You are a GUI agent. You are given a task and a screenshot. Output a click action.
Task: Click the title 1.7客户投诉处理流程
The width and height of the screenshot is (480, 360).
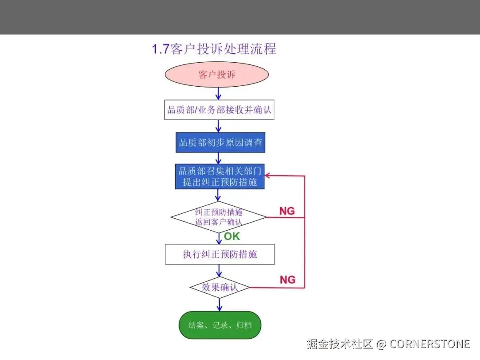(214, 48)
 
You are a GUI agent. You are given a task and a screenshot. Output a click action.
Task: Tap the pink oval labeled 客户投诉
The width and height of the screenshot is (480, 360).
(217, 75)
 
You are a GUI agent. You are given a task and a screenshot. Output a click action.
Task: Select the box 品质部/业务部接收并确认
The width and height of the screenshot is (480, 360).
(219, 109)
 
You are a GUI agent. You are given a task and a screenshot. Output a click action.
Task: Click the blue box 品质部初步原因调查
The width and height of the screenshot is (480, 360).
(220, 143)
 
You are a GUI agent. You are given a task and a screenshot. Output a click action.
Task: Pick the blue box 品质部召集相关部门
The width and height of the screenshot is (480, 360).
(220, 176)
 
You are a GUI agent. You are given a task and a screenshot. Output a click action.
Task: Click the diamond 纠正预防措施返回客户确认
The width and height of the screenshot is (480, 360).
(219, 217)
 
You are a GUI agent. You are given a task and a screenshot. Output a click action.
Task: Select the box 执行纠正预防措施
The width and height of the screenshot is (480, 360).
(220, 254)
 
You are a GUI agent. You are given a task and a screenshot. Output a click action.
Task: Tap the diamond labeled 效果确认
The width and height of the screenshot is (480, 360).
(220, 287)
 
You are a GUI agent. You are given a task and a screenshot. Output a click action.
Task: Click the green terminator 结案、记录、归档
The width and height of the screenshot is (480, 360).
(220, 325)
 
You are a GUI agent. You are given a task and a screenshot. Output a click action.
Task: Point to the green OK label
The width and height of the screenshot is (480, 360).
(232, 236)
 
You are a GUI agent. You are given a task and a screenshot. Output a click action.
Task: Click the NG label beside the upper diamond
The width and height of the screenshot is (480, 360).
(287, 211)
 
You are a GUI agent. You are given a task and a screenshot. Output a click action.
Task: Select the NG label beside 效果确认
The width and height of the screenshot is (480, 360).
(288, 280)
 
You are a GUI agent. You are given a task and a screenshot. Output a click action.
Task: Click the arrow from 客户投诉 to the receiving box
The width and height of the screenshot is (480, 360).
(218, 93)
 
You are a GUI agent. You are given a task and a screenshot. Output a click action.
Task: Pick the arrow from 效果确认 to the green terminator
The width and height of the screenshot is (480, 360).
(219, 304)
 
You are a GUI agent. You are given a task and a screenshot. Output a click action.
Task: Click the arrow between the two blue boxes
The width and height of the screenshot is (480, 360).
(218, 158)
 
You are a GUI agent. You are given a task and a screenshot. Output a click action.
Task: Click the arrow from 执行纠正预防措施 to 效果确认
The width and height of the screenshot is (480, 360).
(219, 271)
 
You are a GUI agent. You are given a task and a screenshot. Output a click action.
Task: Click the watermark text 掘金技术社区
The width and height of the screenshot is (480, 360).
(340, 344)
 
